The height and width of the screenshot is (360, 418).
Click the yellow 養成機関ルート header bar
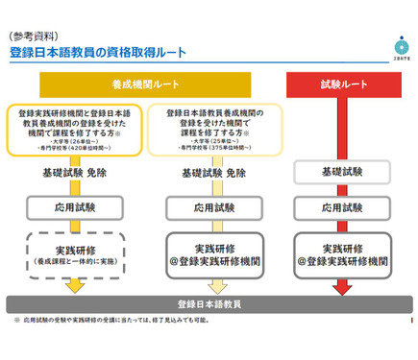coord(143,83)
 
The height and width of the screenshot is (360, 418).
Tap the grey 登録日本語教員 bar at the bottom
coord(208,303)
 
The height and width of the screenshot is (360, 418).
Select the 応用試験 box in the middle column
coord(213,207)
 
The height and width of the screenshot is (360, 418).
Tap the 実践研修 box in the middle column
coord(213,254)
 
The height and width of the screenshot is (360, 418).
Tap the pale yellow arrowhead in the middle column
coord(213,287)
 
